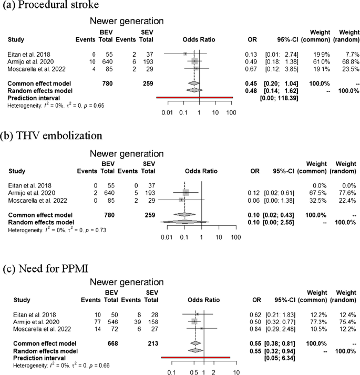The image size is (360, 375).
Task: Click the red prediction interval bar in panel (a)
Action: coord(194,98)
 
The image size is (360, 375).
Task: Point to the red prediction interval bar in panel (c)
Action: coord(196,357)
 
